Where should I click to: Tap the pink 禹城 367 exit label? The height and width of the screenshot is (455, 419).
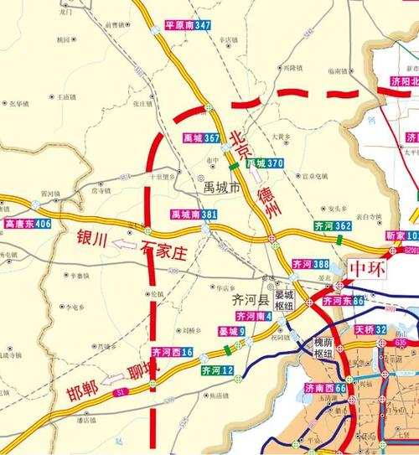[202, 137]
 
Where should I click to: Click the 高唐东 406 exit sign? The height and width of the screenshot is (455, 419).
[28, 225]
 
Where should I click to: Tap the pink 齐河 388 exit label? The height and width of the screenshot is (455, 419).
[310, 264]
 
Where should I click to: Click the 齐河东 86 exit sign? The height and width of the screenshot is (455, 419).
[343, 300]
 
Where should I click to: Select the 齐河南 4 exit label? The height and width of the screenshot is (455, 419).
[253, 316]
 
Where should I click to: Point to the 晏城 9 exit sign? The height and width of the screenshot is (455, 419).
[232, 333]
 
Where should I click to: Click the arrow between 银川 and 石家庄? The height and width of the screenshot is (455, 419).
[124, 244]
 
